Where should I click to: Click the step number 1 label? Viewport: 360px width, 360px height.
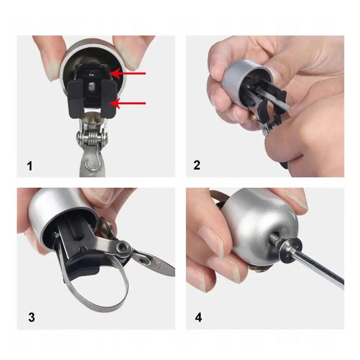pyautogui.click(x=30, y=166)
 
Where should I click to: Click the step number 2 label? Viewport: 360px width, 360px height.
pyautogui.click(x=197, y=166)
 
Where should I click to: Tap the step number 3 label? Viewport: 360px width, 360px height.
pyautogui.click(x=31, y=317)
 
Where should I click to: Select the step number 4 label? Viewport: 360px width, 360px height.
pyautogui.click(x=198, y=317)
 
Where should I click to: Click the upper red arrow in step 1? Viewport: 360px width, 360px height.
pyautogui.click(x=129, y=74)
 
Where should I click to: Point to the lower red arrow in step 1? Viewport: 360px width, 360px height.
pyautogui.click(x=129, y=104)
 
